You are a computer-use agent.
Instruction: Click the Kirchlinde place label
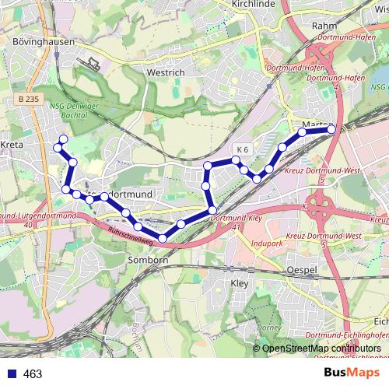point(250,4)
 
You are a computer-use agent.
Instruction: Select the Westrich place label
point(166,72)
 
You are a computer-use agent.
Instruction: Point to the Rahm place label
point(323,26)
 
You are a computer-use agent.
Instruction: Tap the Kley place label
point(240,284)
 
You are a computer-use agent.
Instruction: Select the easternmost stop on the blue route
point(331,129)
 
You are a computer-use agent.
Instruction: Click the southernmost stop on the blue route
point(162,238)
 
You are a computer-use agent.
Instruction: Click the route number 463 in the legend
point(33,374)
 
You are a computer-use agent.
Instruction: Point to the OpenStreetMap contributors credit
point(321,349)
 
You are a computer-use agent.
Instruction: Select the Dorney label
point(269,328)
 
